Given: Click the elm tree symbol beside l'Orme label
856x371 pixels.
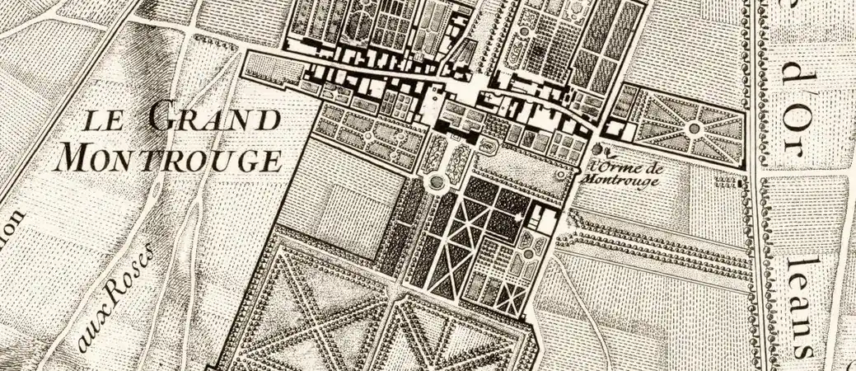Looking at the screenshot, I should [x=599, y=150].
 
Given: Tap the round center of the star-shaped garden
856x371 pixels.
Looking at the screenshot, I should [x=694, y=128].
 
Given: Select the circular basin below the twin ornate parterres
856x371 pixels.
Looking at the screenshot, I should [x=434, y=181].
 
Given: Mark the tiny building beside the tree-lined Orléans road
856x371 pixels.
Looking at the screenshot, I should [x=744, y=183].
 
